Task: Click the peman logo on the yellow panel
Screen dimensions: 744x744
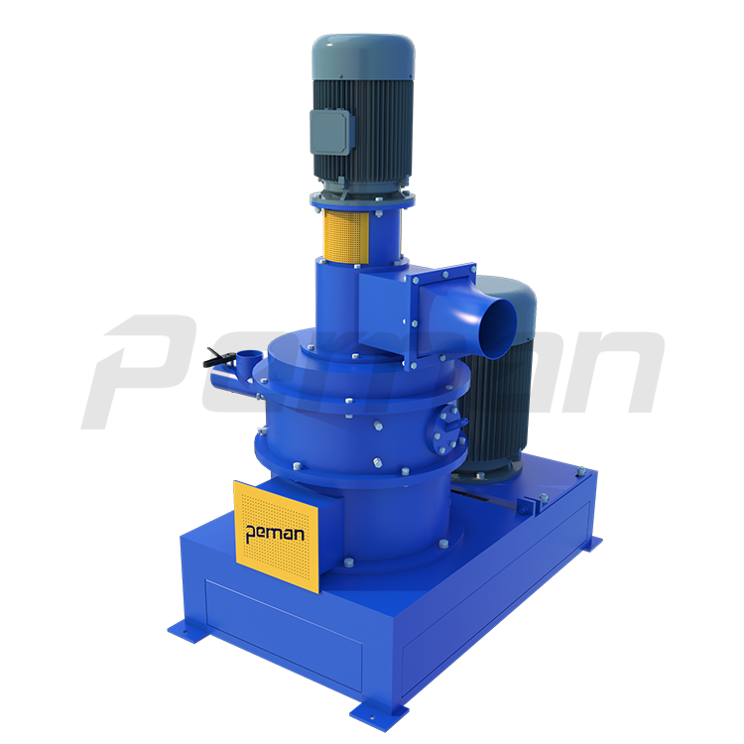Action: coord(275,534)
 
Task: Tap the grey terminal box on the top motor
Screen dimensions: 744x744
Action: coord(331,131)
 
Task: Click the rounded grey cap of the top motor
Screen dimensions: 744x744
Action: coord(363,56)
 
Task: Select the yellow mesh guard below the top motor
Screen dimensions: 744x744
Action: coord(345,237)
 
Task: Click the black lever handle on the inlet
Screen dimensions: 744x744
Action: coord(219,358)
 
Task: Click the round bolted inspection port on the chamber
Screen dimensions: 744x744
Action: coord(447,429)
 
